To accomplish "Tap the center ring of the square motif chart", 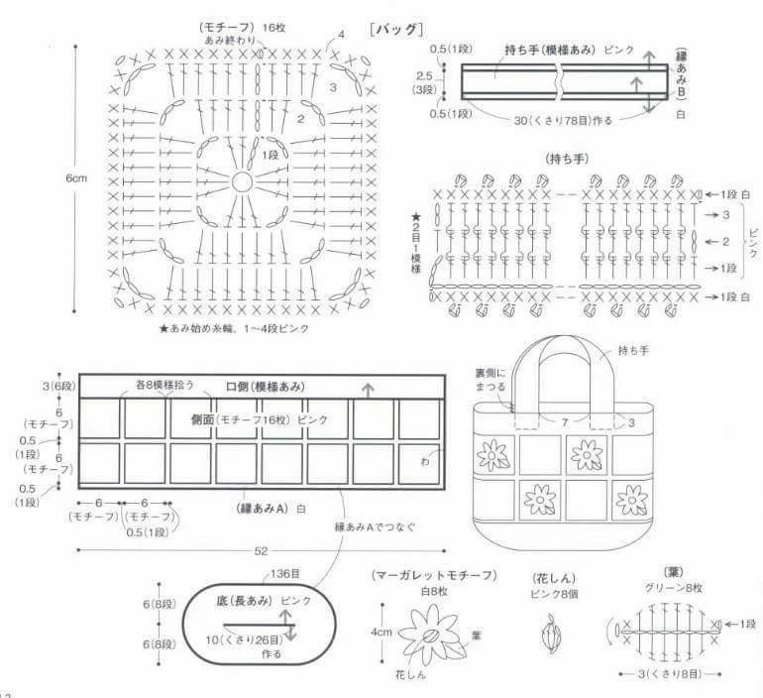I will (x=242, y=182).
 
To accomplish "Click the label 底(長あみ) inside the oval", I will (x=245, y=601).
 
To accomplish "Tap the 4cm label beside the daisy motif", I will (x=381, y=630).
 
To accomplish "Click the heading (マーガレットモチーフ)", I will (x=427, y=576).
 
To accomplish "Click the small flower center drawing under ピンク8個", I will (x=552, y=632).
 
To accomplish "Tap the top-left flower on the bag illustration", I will (x=491, y=455).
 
